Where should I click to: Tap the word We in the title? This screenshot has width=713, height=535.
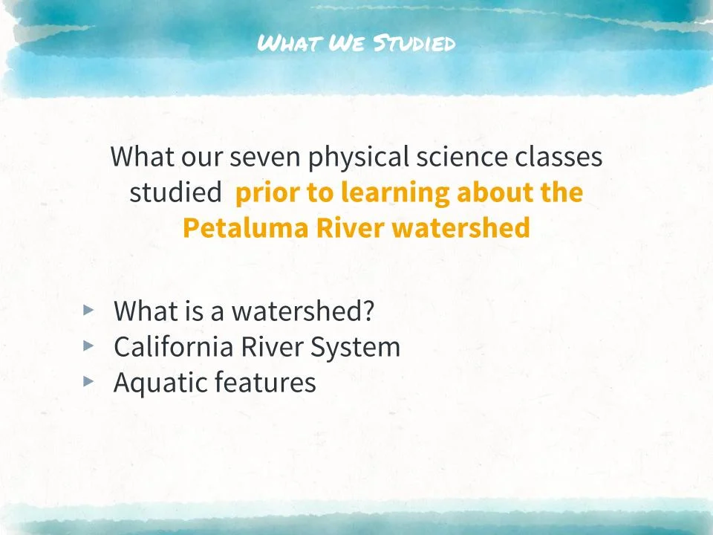point(344,43)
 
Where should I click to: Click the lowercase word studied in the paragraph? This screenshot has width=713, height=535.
point(175,192)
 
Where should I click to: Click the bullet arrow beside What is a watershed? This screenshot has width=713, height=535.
point(89,310)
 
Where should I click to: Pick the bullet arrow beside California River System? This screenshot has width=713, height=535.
point(89,346)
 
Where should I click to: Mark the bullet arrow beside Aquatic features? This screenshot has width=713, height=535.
point(89,381)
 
